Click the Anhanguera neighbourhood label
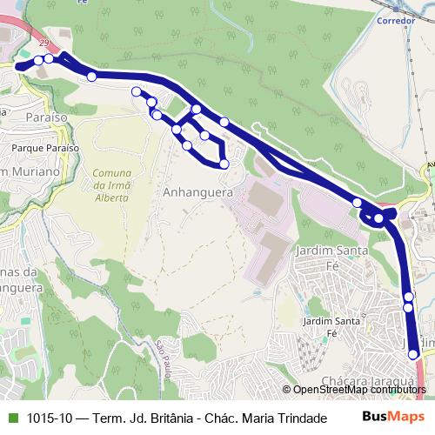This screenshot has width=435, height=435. (197, 193)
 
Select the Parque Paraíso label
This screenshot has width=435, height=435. (45, 148)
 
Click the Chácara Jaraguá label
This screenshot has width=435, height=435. (367, 381)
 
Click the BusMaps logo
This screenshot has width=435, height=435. (393, 418)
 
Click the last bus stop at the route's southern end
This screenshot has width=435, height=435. (414, 354)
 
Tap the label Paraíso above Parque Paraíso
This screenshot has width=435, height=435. (46, 116)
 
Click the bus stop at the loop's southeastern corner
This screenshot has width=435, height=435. (224, 164)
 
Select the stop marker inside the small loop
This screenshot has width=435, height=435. (204, 136)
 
